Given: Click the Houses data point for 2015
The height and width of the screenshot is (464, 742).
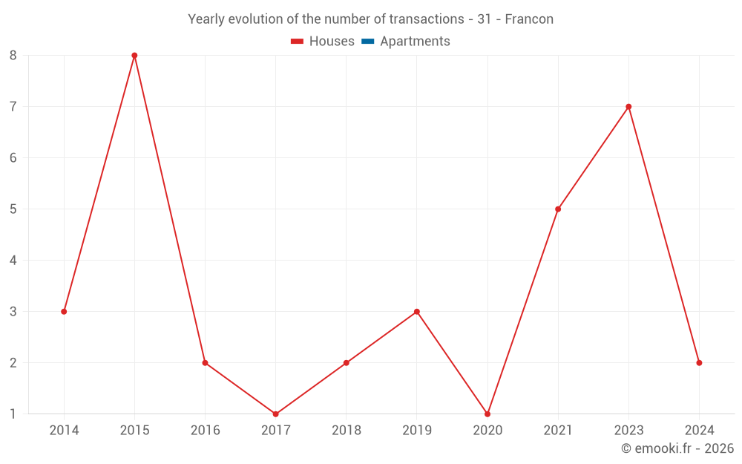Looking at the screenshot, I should click(x=134, y=56).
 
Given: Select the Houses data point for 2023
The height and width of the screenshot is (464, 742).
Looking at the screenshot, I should click(x=628, y=107).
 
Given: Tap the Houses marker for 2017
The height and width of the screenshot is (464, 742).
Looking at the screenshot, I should click(x=275, y=414).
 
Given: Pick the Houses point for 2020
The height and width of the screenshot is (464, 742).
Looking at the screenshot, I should click(x=487, y=414).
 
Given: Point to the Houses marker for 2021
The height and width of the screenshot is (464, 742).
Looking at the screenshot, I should click(x=558, y=209).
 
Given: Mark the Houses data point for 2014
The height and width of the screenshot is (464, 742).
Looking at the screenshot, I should click(x=64, y=312).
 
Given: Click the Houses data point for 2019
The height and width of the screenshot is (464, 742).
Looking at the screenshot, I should click(x=417, y=312).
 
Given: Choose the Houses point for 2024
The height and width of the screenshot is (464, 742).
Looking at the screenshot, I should click(x=699, y=363).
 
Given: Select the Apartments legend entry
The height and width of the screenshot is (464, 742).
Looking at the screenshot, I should click(x=415, y=42).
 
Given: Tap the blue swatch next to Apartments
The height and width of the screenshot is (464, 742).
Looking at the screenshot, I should click(x=367, y=42).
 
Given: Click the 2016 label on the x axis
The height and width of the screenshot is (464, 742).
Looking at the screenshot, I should click(x=205, y=431).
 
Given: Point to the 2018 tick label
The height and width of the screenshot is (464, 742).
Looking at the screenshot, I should click(x=347, y=431).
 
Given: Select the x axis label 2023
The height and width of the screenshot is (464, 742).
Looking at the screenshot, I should click(x=628, y=431).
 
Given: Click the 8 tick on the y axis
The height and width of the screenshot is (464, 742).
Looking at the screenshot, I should click(x=13, y=56).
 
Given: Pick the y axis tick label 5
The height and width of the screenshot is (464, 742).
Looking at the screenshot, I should click(x=13, y=209).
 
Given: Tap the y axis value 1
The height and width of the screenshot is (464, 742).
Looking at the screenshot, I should click(x=13, y=414).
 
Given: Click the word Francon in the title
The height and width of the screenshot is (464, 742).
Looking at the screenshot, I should click(x=529, y=19).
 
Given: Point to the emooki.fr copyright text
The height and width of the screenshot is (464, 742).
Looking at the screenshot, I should click(x=677, y=448).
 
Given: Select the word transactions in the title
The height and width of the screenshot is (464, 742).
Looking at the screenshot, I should click(x=428, y=19).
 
